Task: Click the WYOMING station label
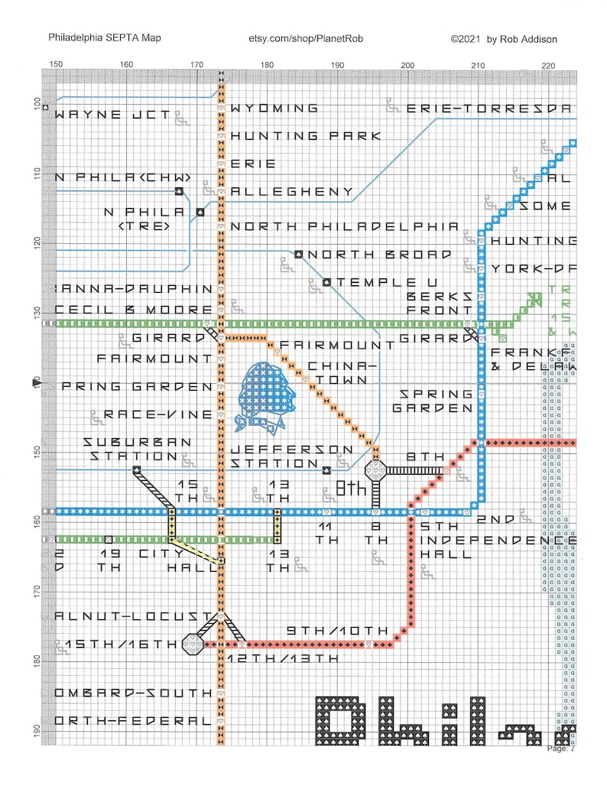point(274,109)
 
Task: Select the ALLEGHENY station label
point(291,192)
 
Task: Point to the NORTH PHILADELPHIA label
point(344,226)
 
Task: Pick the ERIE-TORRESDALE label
point(489,109)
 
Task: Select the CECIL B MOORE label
point(134,310)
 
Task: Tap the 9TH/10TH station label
point(338,630)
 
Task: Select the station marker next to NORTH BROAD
point(299,254)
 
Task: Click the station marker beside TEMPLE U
point(327,282)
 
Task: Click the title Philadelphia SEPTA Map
point(104,37)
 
